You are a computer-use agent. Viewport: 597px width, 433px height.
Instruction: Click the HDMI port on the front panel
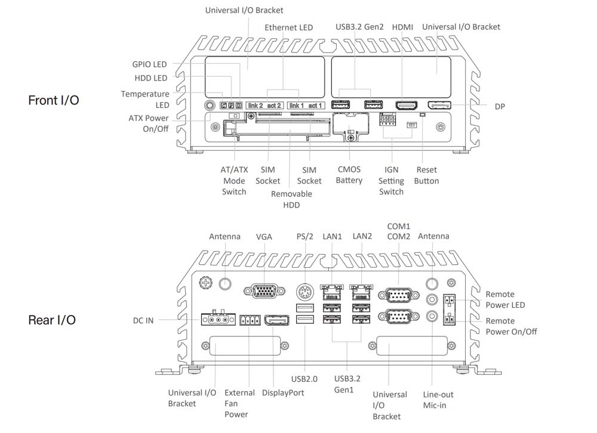pos(407,106)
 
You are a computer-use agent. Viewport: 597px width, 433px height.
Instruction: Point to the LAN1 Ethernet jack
pos(332,292)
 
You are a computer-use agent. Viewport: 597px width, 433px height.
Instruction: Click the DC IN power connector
pos(217,320)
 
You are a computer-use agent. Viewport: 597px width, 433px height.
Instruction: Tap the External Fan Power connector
pos(248,320)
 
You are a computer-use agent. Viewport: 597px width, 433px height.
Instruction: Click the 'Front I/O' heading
pos(53,100)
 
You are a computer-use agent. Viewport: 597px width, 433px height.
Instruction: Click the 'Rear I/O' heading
pos(52,320)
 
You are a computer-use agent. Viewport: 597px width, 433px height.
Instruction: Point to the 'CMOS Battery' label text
pos(349,175)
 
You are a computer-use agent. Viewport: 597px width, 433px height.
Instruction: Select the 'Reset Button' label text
pos(427,175)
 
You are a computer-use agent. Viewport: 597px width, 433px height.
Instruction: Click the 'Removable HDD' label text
pos(291,199)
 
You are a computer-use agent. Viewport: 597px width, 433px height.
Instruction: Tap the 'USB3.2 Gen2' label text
pos(358,27)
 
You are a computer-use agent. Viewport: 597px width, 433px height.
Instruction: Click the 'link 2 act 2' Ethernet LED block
pos(264,106)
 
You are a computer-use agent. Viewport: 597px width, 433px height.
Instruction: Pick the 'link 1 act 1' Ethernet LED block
pos(306,106)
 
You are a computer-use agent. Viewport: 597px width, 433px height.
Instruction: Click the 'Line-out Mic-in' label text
pos(438,400)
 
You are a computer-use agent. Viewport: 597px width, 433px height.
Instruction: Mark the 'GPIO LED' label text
pos(149,64)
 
